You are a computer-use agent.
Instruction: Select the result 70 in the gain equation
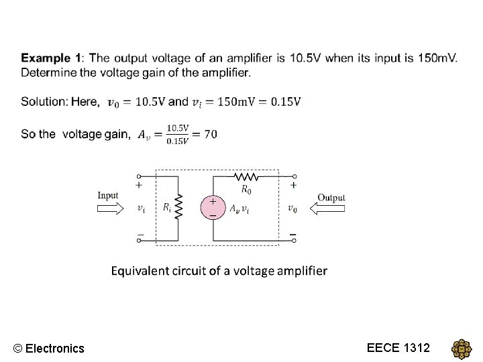tap(210, 134)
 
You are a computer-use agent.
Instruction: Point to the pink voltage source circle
tap(213, 206)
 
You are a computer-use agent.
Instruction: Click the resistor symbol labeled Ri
tap(178, 207)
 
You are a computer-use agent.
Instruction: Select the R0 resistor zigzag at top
tap(246, 177)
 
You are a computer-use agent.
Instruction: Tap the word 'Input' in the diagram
tap(108, 196)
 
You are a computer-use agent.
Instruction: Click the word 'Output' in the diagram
tap(331, 197)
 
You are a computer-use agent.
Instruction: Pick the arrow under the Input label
tap(111, 208)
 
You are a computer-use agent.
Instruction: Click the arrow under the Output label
tap(331, 209)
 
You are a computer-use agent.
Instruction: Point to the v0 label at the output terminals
tap(292, 208)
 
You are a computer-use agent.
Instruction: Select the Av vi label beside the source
tap(239, 208)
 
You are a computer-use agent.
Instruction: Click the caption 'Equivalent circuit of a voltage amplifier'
tap(219, 271)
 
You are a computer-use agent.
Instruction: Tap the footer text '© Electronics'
tap(49, 348)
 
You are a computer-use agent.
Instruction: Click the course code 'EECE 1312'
tap(398, 347)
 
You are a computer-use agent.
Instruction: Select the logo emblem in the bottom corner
tap(462, 349)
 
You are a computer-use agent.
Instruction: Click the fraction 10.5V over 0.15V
tap(177, 134)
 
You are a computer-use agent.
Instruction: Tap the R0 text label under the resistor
tap(246, 189)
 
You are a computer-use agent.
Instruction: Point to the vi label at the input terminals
tap(140, 208)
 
